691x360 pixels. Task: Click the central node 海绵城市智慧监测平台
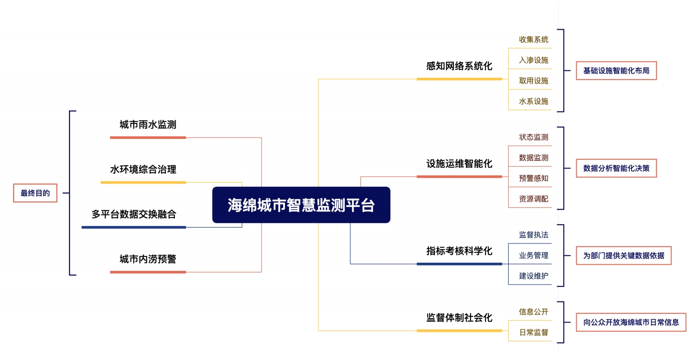pos(301,205)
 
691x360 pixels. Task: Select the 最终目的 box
pos(35,193)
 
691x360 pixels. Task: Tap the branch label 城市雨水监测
pos(148,125)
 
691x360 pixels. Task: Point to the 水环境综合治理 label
pos(143,169)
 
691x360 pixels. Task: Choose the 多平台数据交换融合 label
pos(133,214)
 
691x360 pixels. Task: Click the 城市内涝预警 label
pos(148,259)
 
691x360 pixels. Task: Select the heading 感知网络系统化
pos(459,66)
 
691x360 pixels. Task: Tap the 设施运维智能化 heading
pos(459,164)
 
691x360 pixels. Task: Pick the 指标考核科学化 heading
pos(459,251)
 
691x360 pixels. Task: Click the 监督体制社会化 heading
pos(459,318)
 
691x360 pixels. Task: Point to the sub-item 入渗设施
pos(533,60)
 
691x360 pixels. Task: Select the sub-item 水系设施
pos(533,101)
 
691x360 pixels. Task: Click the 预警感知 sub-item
pos(533,178)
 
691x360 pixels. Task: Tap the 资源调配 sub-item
pos(533,199)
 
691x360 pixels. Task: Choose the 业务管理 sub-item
pos(533,255)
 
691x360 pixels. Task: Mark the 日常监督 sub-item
pos(533,332)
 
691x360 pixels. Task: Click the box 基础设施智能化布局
pos(617,71)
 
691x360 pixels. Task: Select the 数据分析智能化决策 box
pos(617,168)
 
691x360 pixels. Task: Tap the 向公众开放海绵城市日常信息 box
pos(631,323)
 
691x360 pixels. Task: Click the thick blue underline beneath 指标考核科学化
pos(459,264)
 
